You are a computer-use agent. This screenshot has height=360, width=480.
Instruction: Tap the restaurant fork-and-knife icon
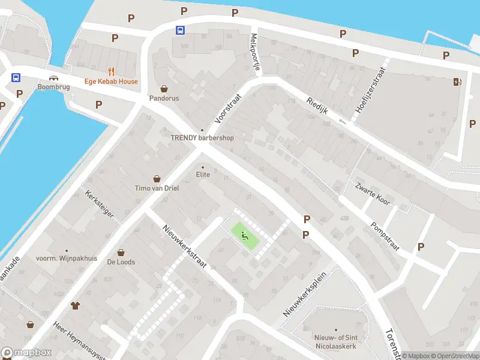tap(111, 70)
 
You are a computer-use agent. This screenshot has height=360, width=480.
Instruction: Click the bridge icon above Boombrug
tap(53, 78)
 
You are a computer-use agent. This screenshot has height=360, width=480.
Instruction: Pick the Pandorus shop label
tap(164, 98)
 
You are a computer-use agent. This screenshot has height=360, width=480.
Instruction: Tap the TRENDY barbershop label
tap(202, 138)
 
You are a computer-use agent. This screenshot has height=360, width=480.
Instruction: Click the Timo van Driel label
tap(157, 188)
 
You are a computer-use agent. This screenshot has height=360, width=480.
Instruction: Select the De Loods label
tap(121, 262)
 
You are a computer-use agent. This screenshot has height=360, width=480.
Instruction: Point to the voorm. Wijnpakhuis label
tap(67, 259)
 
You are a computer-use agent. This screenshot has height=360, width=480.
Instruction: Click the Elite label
tap(203, 175)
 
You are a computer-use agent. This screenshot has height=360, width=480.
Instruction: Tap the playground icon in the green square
tap(245, 235)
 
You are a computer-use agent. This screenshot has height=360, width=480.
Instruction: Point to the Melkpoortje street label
tap(256, 52)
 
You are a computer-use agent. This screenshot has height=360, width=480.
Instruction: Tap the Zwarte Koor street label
tap(373, 194)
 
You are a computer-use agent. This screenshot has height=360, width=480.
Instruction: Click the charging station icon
tap(458, 82)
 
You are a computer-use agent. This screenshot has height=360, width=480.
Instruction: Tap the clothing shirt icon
tap(75, 305)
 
